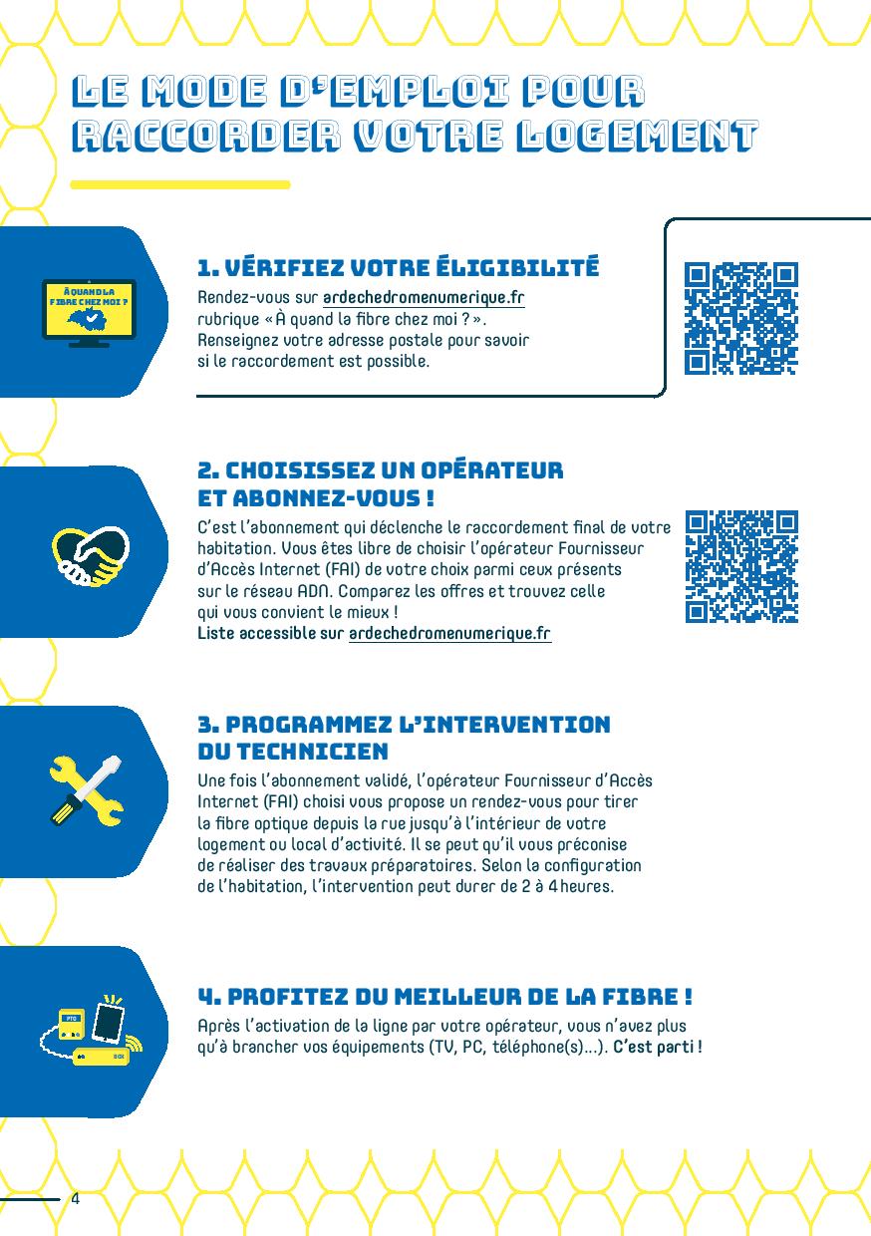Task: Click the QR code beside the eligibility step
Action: tap(740, 318)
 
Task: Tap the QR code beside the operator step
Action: tap(741, 567)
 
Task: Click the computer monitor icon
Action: tap(89, 313)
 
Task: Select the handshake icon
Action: tap(91, 556)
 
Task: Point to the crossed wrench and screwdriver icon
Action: tap(87, 790)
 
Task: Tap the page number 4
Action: tap(76, 1198)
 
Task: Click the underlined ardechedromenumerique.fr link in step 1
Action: tap(424, 298)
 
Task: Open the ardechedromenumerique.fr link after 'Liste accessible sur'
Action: tap(449, 634)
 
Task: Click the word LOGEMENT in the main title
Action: tap(638, 136)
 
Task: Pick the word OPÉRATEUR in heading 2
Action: tap(491, 470)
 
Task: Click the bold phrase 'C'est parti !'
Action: tap(658, 1047)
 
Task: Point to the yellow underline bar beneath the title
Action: tap(180, 184)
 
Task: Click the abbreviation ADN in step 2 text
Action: tap(315, 591)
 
